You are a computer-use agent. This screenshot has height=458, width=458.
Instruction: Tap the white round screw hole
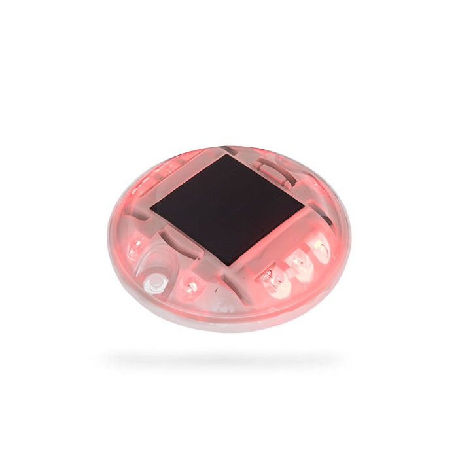coord(154,283)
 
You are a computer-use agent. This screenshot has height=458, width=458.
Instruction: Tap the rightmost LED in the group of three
coord(321,247)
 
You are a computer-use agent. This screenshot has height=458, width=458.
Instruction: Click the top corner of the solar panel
coord(224,155)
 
